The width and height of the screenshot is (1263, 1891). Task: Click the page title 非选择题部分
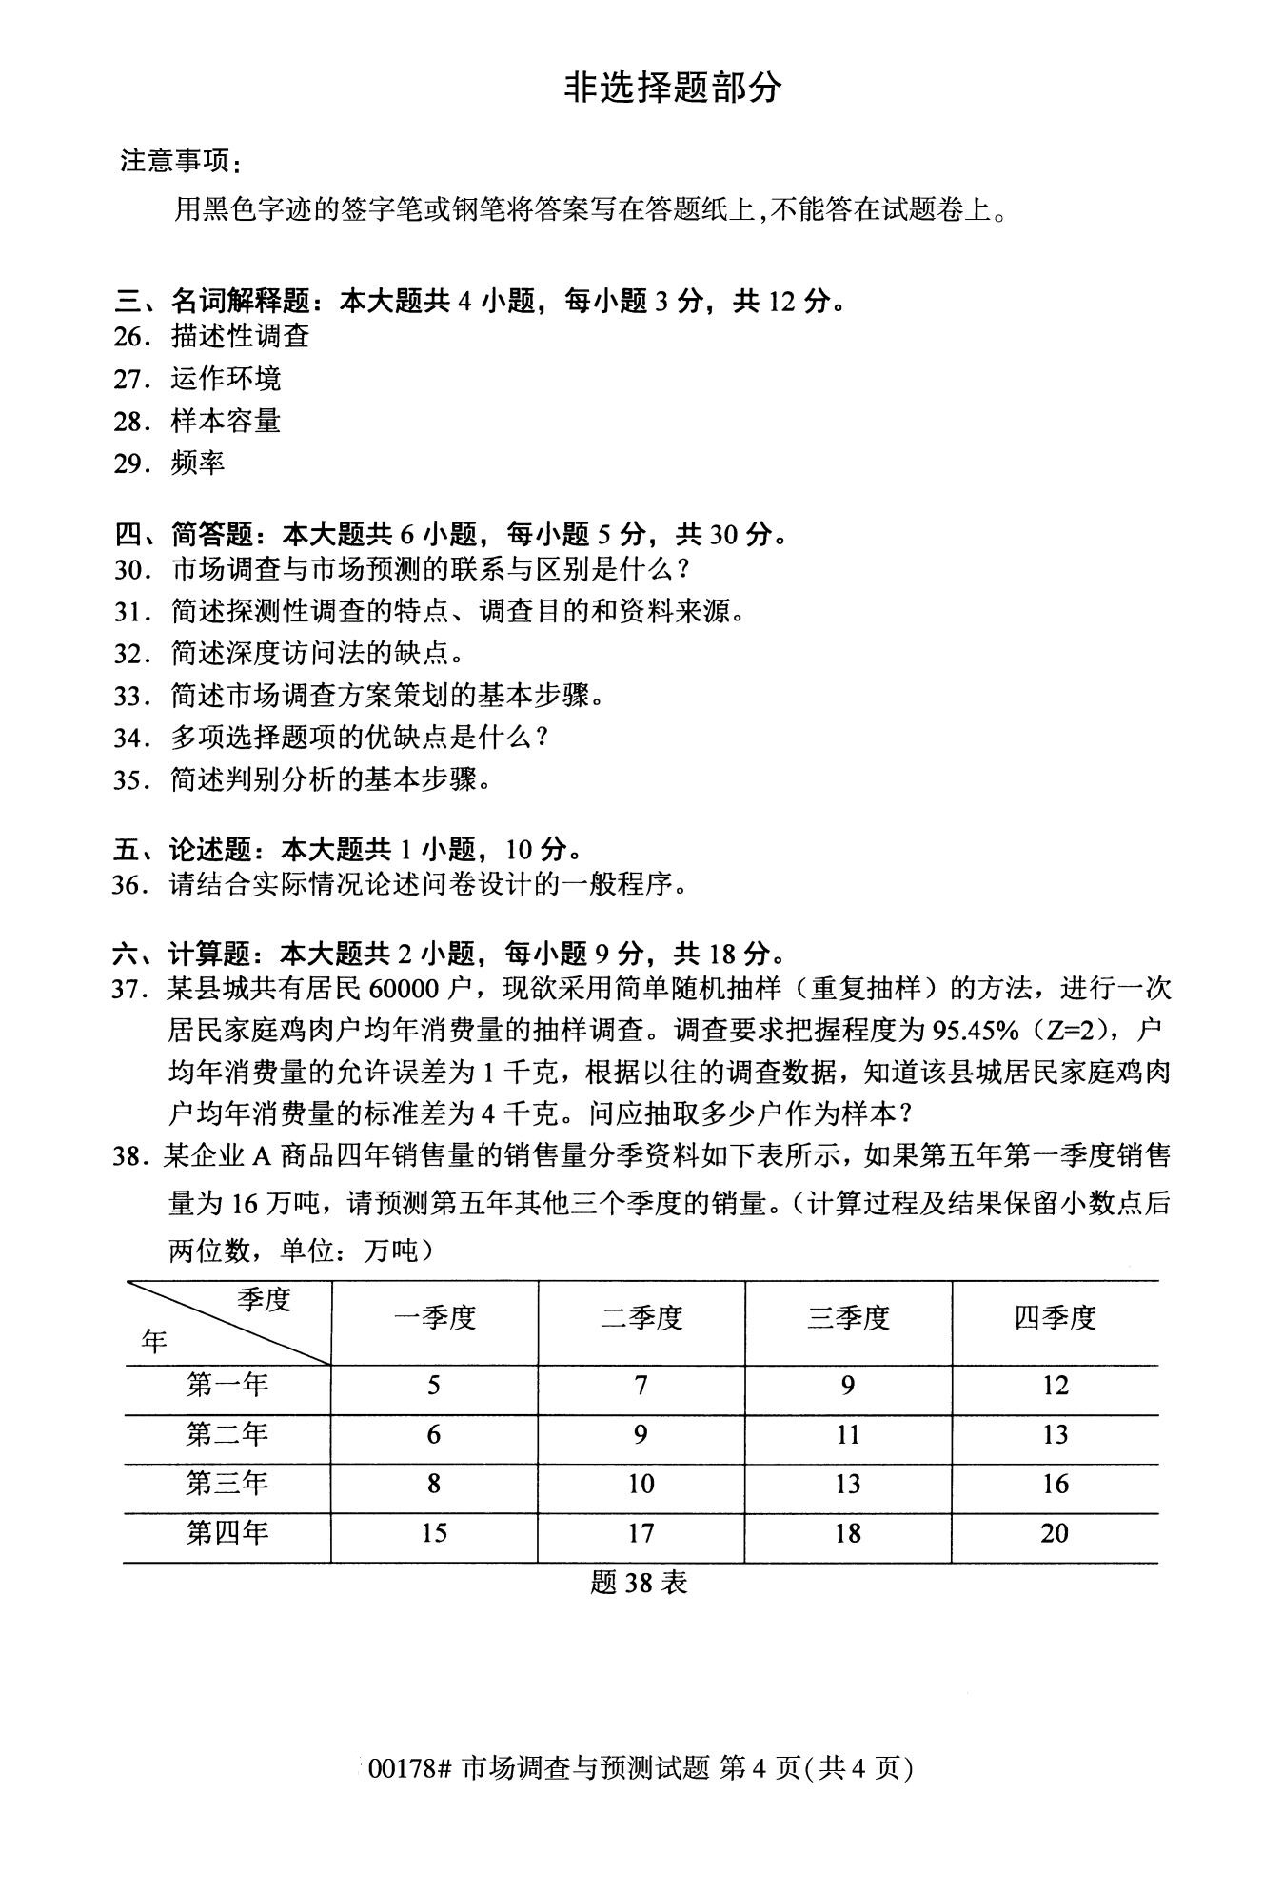(673, 88)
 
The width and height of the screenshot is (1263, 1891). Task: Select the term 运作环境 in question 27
(226, 379)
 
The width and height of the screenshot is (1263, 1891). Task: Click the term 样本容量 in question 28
(226, 421)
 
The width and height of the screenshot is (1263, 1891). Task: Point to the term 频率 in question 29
(198, 463)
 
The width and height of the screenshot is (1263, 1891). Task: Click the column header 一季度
(434, 1318)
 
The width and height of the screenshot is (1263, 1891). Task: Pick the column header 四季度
(1055, 1318)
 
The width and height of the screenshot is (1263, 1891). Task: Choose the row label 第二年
(227, 1434)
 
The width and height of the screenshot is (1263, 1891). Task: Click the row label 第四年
(227, 1533)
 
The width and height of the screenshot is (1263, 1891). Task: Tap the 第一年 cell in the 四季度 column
(1055, 1386)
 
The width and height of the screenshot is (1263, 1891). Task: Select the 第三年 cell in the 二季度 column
(641, 1484)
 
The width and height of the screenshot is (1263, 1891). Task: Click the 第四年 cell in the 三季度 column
(847, 1533)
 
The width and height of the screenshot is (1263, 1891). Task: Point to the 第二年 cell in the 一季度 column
(434, 1434)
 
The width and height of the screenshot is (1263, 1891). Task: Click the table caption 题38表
(639, 1582)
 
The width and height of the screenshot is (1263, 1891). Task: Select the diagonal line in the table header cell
(228, 1324)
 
